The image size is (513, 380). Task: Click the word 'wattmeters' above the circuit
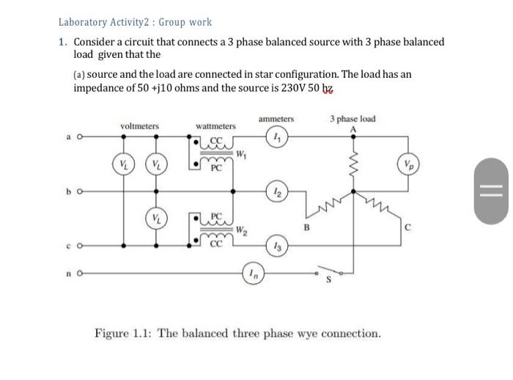215,126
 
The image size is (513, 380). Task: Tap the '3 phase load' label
353,118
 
